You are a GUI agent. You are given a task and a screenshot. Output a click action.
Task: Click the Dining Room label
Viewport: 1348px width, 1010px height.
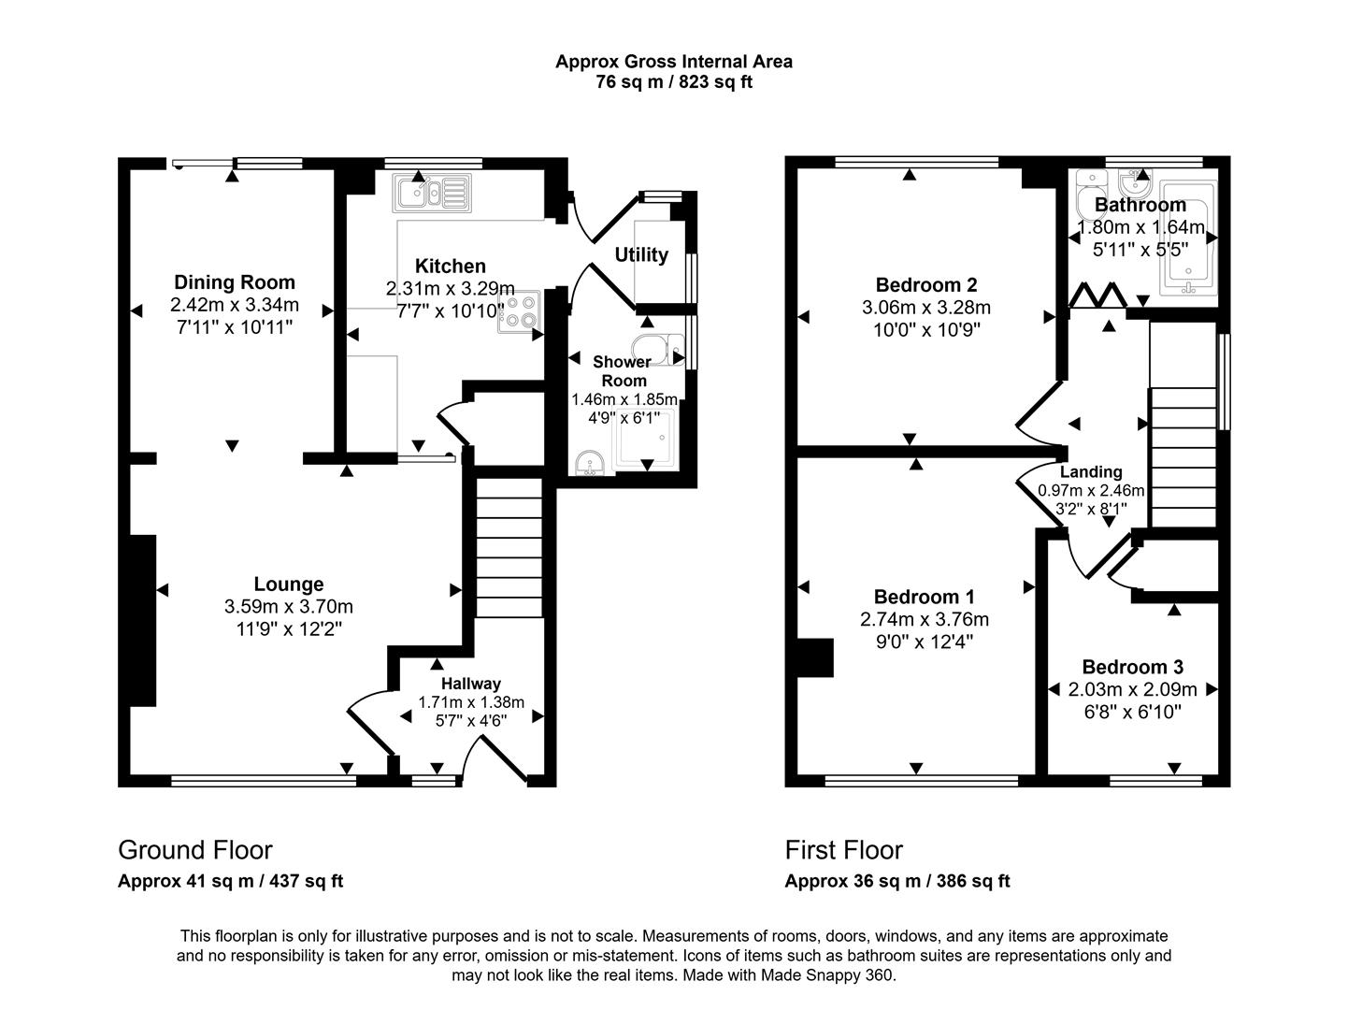click(235, 282)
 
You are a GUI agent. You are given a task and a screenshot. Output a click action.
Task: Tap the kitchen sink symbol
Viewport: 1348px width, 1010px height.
click(432, 193)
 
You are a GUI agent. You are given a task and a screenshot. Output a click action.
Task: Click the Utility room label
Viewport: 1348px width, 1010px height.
click(641, 255)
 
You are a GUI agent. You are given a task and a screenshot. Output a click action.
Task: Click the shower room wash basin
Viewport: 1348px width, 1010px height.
click(589, 463)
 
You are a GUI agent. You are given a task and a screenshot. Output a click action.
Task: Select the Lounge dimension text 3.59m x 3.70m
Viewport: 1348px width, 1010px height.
click(289, 607)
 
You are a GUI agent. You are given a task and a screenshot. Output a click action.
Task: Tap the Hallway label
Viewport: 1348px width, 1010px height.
click(471, 684)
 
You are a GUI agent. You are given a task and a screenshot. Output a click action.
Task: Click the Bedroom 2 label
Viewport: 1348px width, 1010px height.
click(926, 285)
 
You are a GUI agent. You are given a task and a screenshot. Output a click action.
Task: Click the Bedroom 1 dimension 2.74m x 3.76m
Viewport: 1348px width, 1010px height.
click(925, 619)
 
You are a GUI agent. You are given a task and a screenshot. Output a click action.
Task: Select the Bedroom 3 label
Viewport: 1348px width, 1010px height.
click(1132, 667)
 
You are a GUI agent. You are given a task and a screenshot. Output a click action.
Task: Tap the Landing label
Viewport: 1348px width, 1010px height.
click(1091, 472)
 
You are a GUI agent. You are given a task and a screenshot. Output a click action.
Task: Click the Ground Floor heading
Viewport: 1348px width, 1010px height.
click(195, 850)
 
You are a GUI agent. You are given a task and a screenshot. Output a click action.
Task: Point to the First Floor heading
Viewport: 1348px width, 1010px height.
click(844, 850)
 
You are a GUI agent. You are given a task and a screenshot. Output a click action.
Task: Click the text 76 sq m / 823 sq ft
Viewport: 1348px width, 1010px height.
click(674, 82)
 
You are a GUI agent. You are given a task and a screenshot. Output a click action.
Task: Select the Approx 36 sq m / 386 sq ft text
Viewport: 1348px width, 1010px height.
click(897, 881)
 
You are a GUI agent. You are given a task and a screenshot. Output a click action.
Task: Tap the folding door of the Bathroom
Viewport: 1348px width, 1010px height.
click(1096, 296)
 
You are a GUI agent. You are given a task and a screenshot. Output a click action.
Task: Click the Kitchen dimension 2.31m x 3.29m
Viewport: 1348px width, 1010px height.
click(451, 288)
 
